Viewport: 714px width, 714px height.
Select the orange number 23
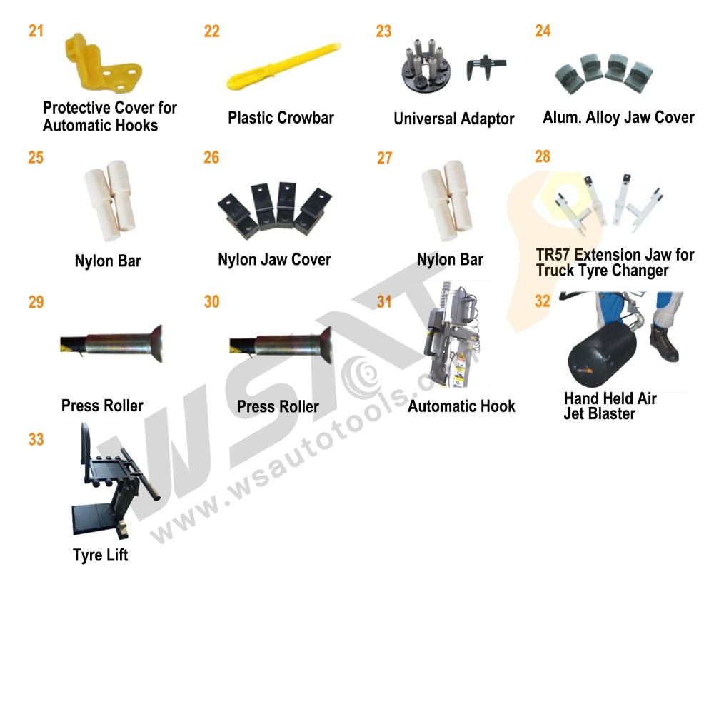point(384,31)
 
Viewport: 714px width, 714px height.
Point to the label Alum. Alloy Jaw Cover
point(618,118)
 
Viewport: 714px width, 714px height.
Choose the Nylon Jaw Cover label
point(274,260)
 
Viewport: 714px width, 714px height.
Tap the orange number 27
point(385,158)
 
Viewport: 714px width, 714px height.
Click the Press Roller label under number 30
point(278,406)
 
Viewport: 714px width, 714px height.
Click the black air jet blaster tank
point(598,350)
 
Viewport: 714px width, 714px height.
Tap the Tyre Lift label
point(101,555)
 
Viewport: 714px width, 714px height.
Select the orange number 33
point(36,439)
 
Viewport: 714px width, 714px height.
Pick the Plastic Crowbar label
point(281,118)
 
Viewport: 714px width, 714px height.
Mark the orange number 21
point(36,31)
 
